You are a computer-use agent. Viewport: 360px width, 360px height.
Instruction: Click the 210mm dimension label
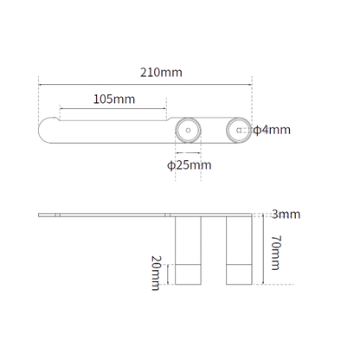click(161, 72)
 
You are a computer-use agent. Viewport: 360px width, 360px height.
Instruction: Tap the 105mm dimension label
click(114, 100)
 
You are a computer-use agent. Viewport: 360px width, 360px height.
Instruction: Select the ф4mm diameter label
click(272, 130)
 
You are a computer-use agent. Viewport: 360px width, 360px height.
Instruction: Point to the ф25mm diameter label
click(190, 165)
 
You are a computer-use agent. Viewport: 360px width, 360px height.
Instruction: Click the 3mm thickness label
click(286, 215)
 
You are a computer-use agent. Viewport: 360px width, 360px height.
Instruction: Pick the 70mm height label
click(276, 253)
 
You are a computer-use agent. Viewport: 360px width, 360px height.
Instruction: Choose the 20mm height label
click(156, 273)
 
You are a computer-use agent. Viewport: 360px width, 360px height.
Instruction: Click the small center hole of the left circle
click(188, 131)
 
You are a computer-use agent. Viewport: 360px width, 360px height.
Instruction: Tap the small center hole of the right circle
click(239, 130)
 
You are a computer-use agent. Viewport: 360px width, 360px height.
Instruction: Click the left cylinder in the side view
click(188, 250)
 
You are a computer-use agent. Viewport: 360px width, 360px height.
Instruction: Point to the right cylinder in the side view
click(239, 250)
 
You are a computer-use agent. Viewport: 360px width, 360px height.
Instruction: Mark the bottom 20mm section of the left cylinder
click(188, 274)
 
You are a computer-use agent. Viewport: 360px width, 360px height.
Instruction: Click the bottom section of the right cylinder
click(239, 274)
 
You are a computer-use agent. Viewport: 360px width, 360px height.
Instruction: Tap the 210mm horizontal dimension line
click(145, 85)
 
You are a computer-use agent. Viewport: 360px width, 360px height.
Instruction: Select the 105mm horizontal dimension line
click(112, 109)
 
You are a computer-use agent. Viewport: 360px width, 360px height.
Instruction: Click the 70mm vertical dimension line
click(262, 249)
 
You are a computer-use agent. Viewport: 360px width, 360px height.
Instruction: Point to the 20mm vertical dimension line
click(168, 274)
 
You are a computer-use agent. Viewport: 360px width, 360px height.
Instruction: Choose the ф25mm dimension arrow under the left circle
click(188, 153)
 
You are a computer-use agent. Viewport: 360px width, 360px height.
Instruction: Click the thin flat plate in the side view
click(145, 215)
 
